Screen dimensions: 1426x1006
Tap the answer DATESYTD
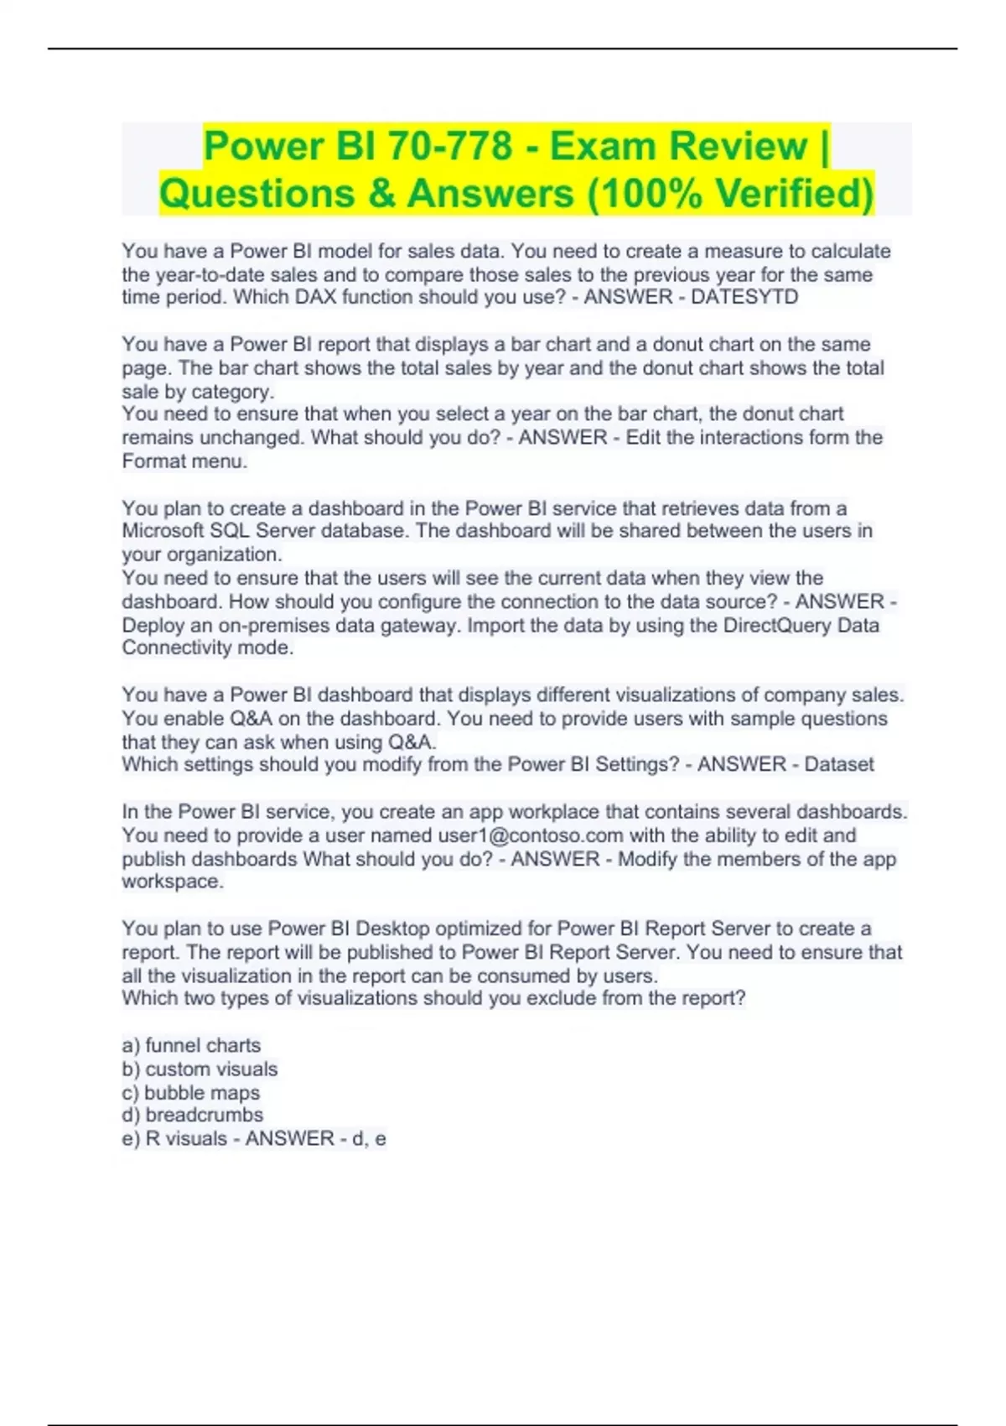tap(744, 297)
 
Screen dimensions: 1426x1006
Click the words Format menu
tap(184, 461)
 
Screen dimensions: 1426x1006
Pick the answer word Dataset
tap(838, 764)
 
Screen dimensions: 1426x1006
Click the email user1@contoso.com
tap(531, 835)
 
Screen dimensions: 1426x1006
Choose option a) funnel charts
tap(191, 1045)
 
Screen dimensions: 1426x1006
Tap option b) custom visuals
tap(200, 1069)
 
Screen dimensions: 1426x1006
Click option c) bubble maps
tap(190, 1092)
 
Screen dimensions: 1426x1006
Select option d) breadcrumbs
tap(192, 1115)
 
